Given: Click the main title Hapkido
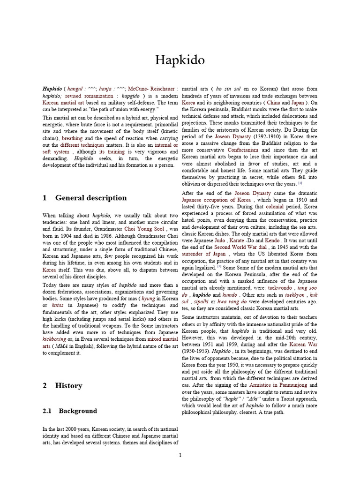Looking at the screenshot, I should (x=180, y=60).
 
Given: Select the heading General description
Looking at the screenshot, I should (x=90, y=198).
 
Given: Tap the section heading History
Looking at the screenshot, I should (x=68, y=385).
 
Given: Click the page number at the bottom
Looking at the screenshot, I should (x=180, y=455).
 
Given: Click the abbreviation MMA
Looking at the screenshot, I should (x=61, y=346).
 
